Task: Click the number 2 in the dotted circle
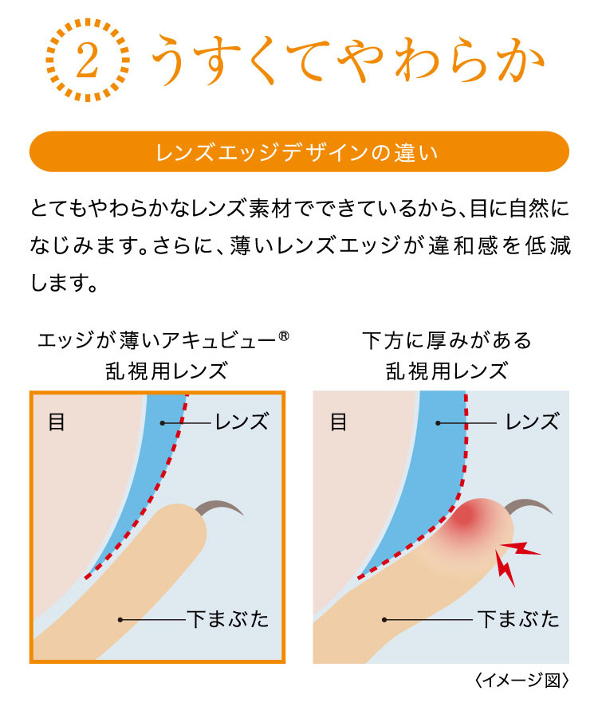[x=87, y=60]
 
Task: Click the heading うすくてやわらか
[x=348, y=60]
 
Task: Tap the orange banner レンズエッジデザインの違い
[x=299, y=151]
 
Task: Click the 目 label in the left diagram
[x=57, y=422]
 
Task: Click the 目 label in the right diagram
[x=339, y=422]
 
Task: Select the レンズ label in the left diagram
[x=242, y=422]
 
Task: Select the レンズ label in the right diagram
[x=533, y=422]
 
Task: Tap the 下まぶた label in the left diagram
[x=228, y=619]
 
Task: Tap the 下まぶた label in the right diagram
[x=519, y=619]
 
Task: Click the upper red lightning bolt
[x=521, y=548]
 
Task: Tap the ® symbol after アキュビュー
[x=283, y=336]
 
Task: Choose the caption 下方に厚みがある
[x=447, y=340]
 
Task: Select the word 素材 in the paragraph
[x=269, y=209]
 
